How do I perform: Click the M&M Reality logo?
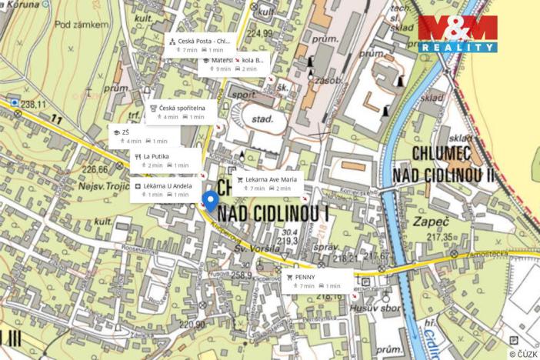pyautogui.click(x=457, y=33)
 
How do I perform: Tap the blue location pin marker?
pyautogui.click(x=210, y=202)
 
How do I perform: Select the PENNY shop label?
pyautogui.click(x=305, y=276)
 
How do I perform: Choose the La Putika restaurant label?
pyautogui.click(x=155, y=156)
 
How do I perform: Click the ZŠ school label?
pyautogui.click(x=125, y=132)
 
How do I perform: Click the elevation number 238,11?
pyautogui.click(x=34, y=104)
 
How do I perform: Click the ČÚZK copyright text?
pyautogui.click(x=523, y=354)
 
